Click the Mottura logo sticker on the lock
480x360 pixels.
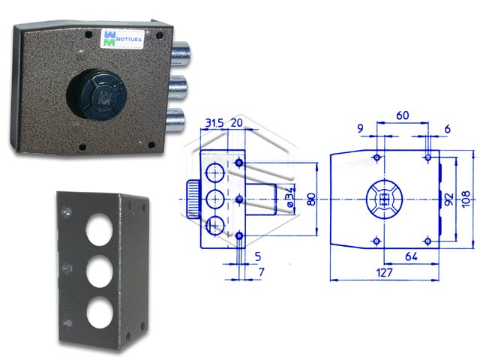[x=122, y=38]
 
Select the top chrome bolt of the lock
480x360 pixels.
[x=181, y=54]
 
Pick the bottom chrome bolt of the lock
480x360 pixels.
[x=176, y=120]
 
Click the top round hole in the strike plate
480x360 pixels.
[x=99, y=229]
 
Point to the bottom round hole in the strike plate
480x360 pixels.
[x=100, y=312]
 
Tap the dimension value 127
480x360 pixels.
[x=384, y=272]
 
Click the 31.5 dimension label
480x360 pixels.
[x=214, y=123]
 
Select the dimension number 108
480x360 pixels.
[x=466, y=199]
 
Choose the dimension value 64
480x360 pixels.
[x=411, y=256]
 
